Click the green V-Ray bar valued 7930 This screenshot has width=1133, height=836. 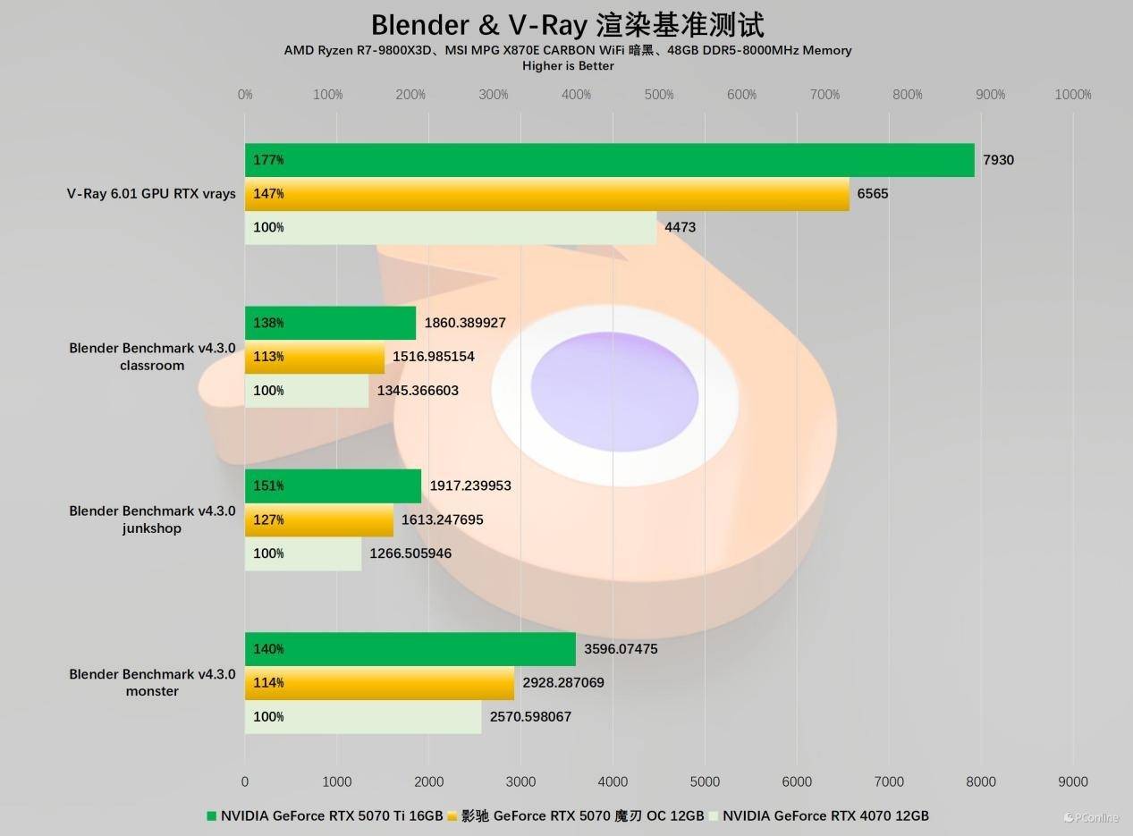coord(609,160)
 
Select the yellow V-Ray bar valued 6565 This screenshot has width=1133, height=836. coord(546,194)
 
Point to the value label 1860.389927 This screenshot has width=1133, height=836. coord(478,323)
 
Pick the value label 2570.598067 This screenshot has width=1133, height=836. coord(530,716)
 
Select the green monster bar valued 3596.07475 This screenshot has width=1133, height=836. coord(410,649)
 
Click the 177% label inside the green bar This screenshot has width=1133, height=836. coord(268,160)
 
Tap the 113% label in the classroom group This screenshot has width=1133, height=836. coord(268,357)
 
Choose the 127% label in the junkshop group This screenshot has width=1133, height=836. coord(268,519)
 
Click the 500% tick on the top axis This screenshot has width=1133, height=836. coord(659,95)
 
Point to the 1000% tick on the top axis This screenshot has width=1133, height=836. coord(1073,95)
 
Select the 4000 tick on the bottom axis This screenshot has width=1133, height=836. coord(613,781)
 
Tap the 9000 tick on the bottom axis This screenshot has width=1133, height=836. coord(1073,781)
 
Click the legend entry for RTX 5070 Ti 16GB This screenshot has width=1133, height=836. coord(326,815)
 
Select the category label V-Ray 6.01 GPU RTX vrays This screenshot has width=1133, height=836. coord(151,193)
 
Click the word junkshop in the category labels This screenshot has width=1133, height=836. coord(151,528)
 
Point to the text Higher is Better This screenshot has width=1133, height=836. coord(568,65)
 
